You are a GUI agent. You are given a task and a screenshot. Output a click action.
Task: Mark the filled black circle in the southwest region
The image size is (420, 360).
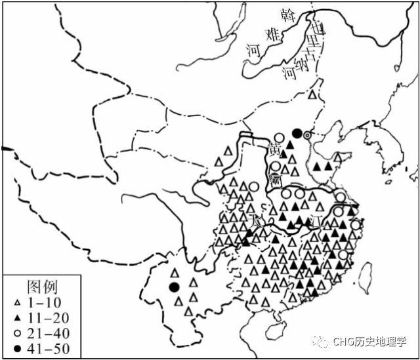174,287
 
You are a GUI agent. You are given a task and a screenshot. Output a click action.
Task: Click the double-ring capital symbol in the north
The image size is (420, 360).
307,135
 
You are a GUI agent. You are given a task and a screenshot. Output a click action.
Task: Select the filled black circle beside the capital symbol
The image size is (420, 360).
297,133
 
